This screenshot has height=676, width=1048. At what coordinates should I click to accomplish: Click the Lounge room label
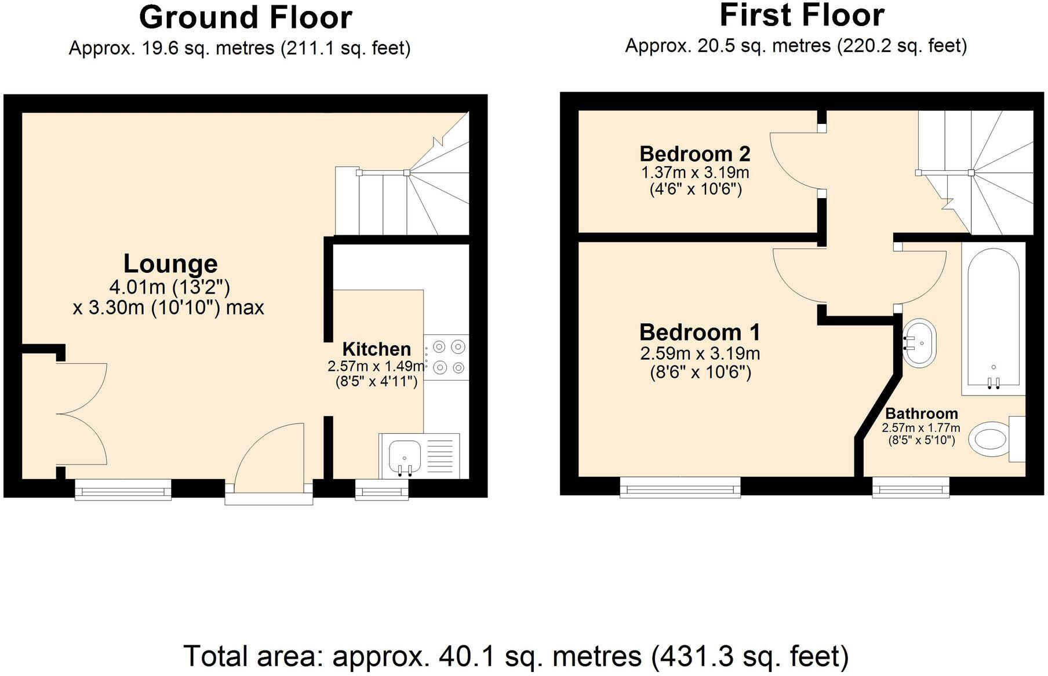click(170, 264)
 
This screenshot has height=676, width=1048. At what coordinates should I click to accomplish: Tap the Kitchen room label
click(376, 349)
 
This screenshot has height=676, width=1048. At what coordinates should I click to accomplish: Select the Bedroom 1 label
click(700, 332)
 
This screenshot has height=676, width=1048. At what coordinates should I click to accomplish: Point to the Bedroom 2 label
click(694, 154)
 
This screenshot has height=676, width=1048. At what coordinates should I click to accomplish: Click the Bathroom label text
click(921, 414)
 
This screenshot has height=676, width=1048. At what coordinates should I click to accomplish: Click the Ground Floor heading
click(246, 17)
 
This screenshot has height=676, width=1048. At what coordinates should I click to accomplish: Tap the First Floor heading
click(802, 16)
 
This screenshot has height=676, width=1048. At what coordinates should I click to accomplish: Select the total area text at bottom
click(516, 656)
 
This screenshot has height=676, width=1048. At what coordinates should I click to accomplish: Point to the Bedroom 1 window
click(680, 488)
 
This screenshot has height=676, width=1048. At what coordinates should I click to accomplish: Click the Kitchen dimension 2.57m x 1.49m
click(376, 366)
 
